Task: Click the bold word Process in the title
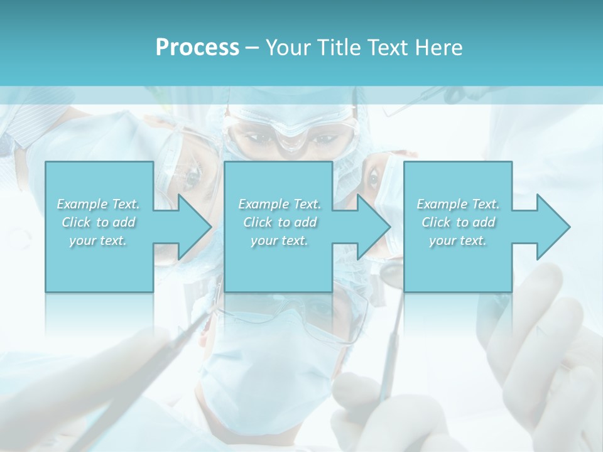pos(197,48)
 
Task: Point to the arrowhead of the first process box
pos(192,227)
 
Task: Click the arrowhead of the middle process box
pos(372,227)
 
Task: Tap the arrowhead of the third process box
pos(551,227)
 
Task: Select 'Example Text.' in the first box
pos(98,204)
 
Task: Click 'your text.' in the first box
pos(98,240)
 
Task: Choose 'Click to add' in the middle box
pos(280,222)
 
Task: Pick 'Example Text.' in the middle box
pos(280,204)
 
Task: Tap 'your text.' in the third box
pos(458,240)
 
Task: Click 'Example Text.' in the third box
pos(458,204)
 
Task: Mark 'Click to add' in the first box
pos(98,222)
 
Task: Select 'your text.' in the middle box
pos(280,240)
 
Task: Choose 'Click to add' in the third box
pos(458,222)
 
